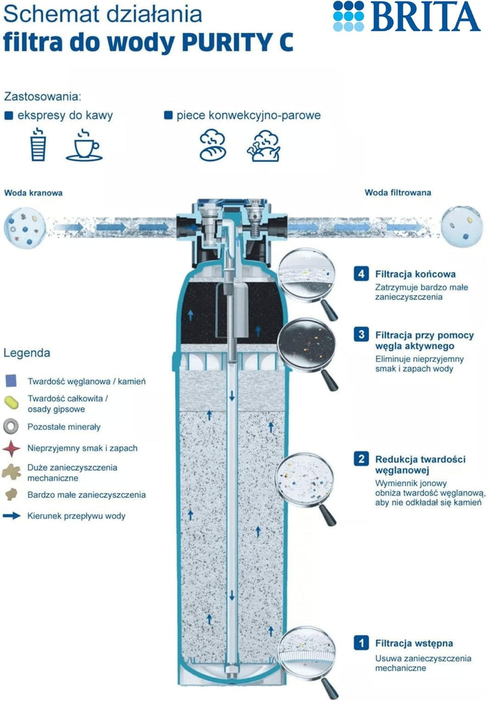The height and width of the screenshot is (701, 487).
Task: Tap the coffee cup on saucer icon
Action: pyautogui.click(x=85, y=145)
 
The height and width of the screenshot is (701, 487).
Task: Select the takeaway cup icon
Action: pyautogui.click(x=39, y=144)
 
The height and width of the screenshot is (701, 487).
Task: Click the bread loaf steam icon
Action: pyautogui.click(x=212, y=145)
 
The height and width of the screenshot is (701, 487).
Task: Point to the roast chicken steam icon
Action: pyautogui.click(x=264, y=145)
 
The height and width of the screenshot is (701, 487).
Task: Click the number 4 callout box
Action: pyautogui.click(x=361, y=273)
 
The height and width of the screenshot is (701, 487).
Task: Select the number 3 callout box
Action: pyautogui.click(x=361, y=334)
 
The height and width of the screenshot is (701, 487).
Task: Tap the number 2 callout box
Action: pyautogui.click(x=361, y=459)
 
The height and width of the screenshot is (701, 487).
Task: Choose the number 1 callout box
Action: pyautogui.click(x=361, y=643)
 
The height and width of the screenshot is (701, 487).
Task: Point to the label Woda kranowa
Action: pyautogui.click(x=33, y=193)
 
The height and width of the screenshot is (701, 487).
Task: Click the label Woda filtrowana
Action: pyautogui.click(x=398, y=193)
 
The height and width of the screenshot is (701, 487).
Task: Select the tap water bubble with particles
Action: pyautogui.click(x=25, y=227)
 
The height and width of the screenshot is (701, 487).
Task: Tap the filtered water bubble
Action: pyautogui.click(x=462, y=226)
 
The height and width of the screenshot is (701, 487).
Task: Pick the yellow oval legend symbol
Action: pyautogui.click(x=11, y=403)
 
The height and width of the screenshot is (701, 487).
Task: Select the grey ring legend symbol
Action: pyautogui.click(x=11, y=426)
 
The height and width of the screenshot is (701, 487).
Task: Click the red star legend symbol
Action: pyautogui.click(x=11, y=449)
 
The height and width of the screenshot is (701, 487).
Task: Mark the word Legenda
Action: pyautogui.click(x=27, y=353)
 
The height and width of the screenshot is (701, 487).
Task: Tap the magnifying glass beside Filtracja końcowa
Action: pyautogui.click(x=306, y=281)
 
